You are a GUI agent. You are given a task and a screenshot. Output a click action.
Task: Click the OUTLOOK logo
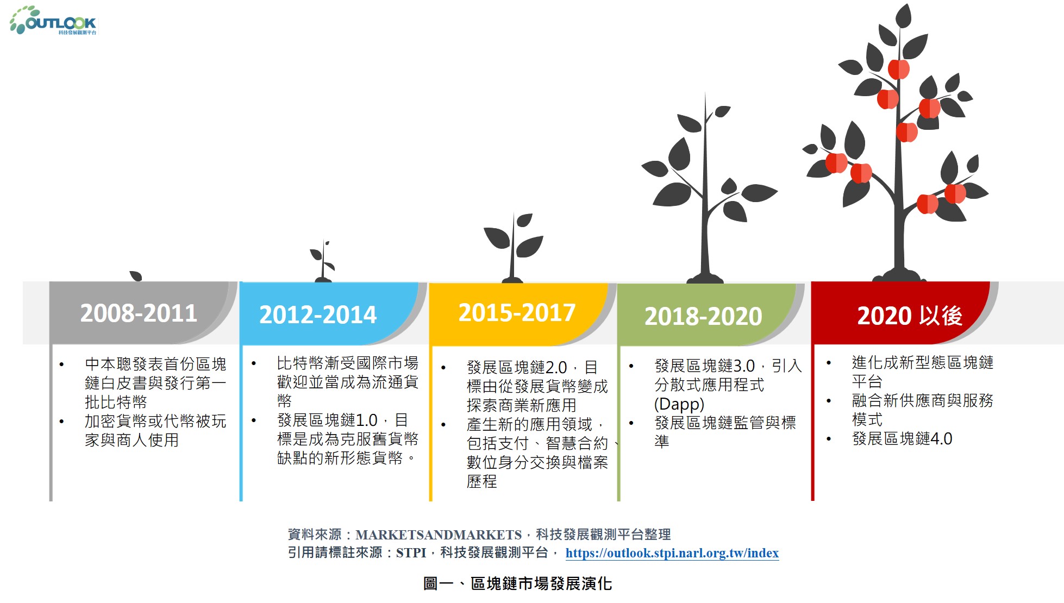pos(53,20)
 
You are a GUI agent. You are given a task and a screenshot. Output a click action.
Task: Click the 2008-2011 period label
pos(139,313)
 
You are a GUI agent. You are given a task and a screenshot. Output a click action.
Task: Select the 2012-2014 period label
pos(318,315)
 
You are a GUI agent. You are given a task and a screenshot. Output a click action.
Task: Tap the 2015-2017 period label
pos(517,312)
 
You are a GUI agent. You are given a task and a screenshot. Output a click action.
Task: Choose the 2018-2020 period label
pos(703,316)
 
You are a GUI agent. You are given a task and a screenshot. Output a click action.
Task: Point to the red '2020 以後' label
pos(910,316)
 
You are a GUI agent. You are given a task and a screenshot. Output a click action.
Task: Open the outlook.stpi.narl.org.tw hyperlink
pos(672,553)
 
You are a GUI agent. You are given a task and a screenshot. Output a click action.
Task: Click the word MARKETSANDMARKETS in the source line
pos(439,535)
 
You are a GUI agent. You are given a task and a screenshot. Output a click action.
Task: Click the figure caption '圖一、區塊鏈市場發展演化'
pos(517,583)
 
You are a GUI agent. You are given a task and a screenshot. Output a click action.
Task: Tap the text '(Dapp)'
pos(679,404)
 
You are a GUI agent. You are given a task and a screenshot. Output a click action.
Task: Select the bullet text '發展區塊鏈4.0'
pos(902,438)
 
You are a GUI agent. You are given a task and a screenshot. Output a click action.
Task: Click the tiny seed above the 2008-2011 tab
pos(136,276)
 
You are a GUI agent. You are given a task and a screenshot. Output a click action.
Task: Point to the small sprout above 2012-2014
pos(323,261)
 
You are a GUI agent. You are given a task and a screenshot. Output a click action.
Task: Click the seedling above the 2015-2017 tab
pos(512,248)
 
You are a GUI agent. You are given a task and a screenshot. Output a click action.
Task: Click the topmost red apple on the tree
pos(899,69)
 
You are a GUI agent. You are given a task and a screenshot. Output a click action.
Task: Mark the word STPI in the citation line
pos(411,553)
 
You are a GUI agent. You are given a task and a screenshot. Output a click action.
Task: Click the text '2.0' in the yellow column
pos(556,367)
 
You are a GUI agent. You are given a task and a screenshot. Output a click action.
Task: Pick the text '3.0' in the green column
pos(744,366)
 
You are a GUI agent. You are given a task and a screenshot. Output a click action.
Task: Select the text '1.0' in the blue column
pos(366,420)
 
